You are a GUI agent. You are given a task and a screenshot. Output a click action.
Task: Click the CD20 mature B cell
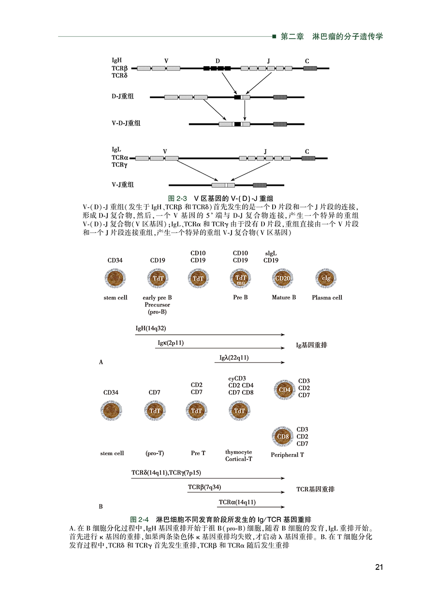pyautogui.click(x=283, y=279)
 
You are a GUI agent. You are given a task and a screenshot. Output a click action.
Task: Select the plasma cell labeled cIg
pyautogui.click(x=326, y=279)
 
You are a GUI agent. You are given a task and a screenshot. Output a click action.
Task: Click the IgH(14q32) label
pyautogui.click(x=151, y=328)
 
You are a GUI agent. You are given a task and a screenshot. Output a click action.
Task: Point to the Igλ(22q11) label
pyautogui.click(x=234, y=358)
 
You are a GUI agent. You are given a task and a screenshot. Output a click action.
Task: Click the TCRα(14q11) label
pyautogui.click(x=237, y=502)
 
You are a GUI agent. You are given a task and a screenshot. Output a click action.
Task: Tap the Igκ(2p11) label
pyautogui.click(x=171, y=343)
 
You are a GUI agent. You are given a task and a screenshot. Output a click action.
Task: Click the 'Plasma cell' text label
pyautogui.click(x=327, y=298)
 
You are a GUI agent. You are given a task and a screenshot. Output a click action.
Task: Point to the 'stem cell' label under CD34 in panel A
pyautogui.click(x=116, y=298)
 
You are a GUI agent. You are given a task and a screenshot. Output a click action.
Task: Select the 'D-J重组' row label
pyautogui.click(x=123, y=96)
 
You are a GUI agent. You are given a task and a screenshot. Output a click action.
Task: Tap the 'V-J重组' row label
pyautogui.click(x=123, y=184)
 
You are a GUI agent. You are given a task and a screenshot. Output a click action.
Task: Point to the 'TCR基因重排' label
pyautogui.click(x=315, y=489)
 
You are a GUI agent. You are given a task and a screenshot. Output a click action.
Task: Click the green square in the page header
pyautogui.click(x=275, y=36)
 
